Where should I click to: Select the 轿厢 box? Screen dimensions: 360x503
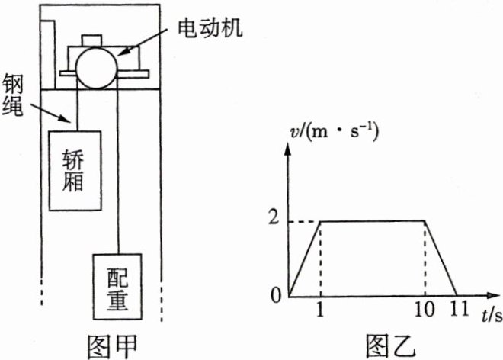point(75,169)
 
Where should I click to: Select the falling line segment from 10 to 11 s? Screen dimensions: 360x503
point(440,259)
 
